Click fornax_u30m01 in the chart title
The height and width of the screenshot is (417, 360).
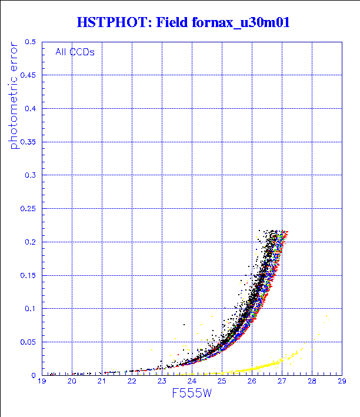(x=242, y=22)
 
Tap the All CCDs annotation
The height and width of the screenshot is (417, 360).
(x=75, y=52)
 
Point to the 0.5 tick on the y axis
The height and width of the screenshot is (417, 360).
(x=31, y=42)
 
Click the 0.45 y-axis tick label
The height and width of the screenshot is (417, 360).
(x=29, y=75)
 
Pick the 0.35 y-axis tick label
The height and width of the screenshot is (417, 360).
(x=29, y=142)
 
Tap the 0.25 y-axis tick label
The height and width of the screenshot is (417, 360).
(x=29, y=209)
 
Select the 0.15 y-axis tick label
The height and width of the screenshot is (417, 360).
(x=29, y=275)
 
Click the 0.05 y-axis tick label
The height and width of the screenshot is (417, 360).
(x=29, y=342)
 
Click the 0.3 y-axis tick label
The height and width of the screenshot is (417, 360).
(x=31, y=175)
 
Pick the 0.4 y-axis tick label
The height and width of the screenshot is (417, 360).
(x=31, y=109)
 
